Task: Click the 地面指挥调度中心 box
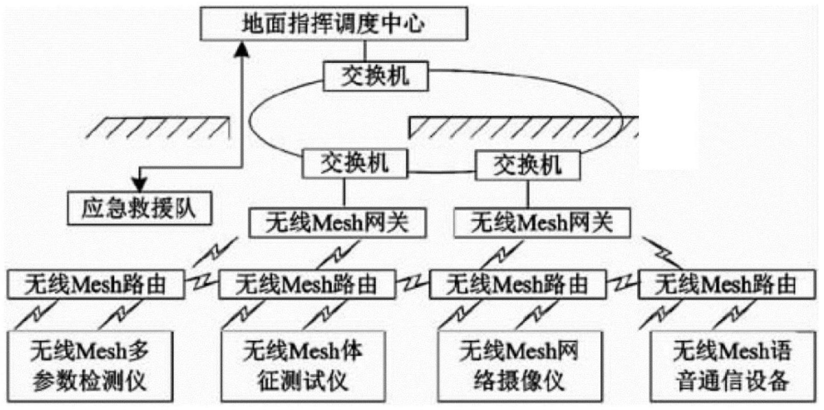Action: click(334, 23)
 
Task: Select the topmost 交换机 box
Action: click(376, 76)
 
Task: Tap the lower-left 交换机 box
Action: click(355, 163)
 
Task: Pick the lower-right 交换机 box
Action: click(527, 165)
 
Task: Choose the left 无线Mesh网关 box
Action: click(338, 222)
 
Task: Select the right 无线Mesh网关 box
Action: click(542, 222)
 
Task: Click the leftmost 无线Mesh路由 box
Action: click(96, 284)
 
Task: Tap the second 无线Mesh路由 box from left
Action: click(307, 284)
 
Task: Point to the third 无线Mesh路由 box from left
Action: click(518, 284)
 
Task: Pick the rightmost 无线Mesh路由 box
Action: click(727, 284)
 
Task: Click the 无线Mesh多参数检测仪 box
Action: click(90, 366)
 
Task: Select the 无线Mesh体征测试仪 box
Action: click(303, 366)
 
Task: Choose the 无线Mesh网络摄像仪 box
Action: click(520, 366)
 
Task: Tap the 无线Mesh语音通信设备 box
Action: click(732, 366)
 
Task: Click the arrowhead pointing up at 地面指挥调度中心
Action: click(242, 49)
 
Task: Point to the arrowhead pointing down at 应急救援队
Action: click(140, 184)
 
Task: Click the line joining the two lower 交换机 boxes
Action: click(441, 172)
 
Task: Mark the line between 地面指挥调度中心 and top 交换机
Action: click(365, 51)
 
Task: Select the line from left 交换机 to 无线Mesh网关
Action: click(344, 193)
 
